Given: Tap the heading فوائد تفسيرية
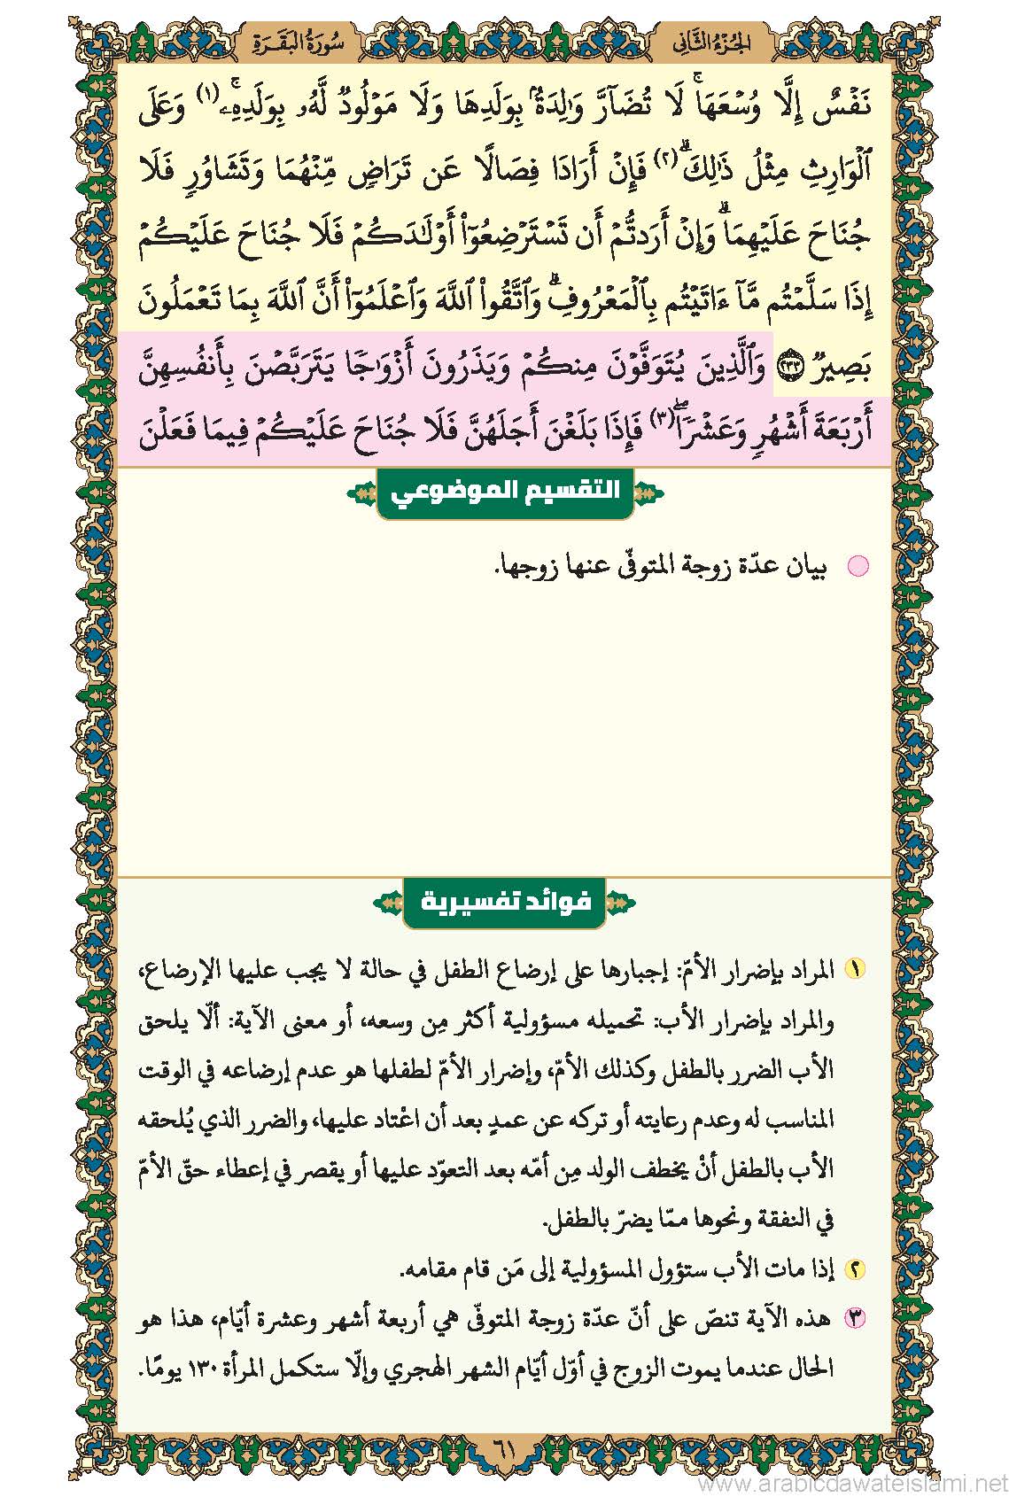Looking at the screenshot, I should coord(505,903).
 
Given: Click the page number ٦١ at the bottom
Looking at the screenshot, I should coord(503,1452).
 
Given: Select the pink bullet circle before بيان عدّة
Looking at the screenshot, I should coord(858,566).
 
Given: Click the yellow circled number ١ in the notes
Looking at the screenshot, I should coord(855,969).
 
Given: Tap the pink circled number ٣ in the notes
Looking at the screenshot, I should coord(855,1319).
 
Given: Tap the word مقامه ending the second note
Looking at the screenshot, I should coord(429,1270).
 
